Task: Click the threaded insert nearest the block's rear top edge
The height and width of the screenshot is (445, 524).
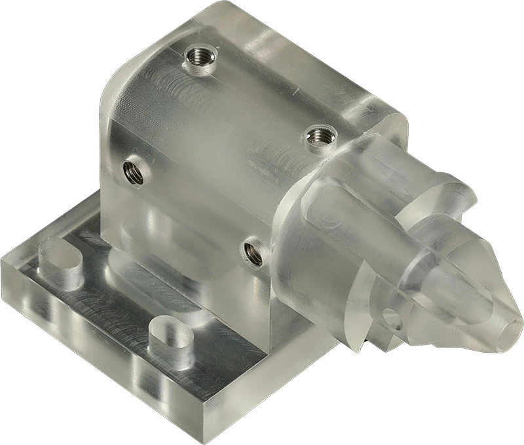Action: click(198, 60)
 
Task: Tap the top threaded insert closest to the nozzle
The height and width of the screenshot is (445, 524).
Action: click(320, 137)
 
